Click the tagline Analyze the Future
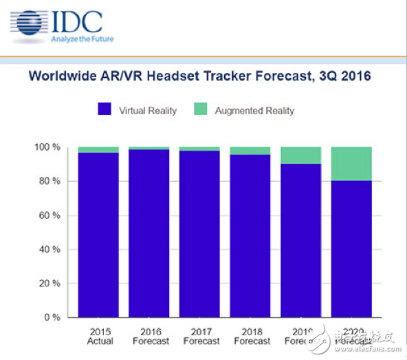82,39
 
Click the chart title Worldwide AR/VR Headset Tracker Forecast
199,76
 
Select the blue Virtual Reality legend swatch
104,110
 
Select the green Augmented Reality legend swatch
201,110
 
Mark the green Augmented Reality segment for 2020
352,164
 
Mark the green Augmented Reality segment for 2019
301,155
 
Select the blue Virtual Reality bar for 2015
98,235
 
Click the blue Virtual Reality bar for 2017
200,234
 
